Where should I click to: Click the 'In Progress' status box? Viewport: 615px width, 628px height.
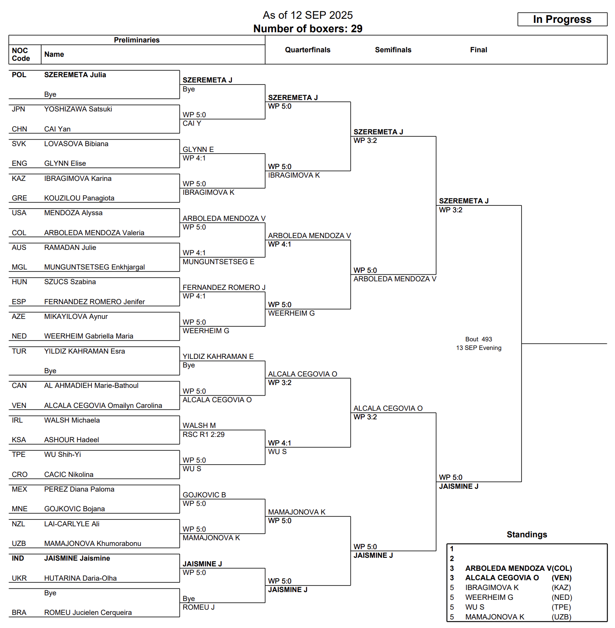tap(562, 19)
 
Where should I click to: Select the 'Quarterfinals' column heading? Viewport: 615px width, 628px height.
tap(307, 50)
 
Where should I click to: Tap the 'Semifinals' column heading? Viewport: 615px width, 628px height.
tap(393, 50)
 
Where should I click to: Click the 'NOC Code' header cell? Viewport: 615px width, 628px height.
tap(20, 54)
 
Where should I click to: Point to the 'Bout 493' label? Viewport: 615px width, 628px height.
tap(479, 339)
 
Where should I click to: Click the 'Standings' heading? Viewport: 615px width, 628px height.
tap(527, 534)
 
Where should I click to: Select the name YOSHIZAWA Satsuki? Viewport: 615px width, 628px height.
tap(78, 109)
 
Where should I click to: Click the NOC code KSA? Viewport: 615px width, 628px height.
tap(19, 440)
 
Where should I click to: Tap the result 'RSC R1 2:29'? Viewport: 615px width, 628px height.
tap(203, 434)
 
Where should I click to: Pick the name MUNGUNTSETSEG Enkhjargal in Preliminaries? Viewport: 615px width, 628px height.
tap(94, 267)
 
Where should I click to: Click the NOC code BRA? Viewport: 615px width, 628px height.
tap(19, 612)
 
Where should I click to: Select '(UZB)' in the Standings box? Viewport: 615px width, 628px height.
tap(562, 617)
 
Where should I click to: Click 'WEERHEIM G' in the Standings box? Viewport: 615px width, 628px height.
tap(489, 597)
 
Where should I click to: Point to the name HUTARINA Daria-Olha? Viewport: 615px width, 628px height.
tap(80, 578)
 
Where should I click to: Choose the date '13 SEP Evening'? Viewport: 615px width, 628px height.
tap(479, 348)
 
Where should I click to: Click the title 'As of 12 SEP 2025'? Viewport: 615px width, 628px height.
tap(307, 15)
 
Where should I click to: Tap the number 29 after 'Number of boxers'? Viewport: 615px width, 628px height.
tap(357, 29)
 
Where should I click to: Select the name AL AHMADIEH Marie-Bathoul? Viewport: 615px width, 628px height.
tap(91, 385)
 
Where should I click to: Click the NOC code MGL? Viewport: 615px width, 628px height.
tap(19, 267)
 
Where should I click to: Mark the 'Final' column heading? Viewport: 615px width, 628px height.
tap(478, 50)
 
